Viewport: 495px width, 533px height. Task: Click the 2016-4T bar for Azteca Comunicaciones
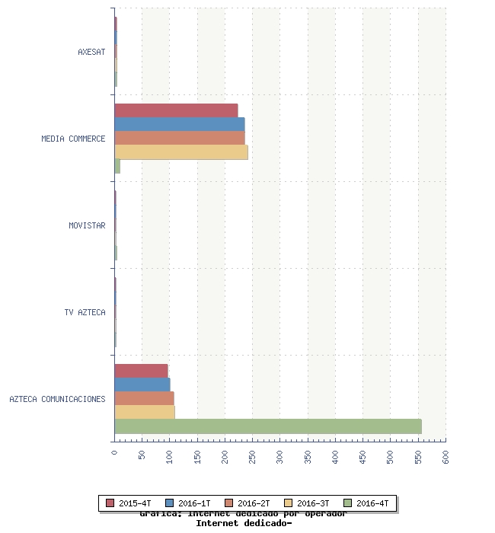pos(267,426)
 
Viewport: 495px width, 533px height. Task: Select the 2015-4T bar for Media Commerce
pos(176,110)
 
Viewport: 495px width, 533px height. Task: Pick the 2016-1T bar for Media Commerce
pos(179,124)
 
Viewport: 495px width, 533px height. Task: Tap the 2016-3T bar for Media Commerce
pos(180,152)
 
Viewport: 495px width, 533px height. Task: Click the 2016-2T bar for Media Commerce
pos(179,138)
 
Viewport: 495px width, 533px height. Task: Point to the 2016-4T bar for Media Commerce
pos(117,166)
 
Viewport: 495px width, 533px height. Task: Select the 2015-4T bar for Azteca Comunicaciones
pos(141,371)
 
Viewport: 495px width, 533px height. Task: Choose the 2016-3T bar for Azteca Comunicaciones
pos(145,412)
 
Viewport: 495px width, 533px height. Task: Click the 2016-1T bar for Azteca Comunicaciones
pos(142,385)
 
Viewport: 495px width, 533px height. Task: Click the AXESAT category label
pos(91,52)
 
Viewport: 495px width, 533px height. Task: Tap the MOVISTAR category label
pos(87,225)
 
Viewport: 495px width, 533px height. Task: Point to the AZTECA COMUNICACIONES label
pos(57,399)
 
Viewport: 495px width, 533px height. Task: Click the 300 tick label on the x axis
pos(280,455)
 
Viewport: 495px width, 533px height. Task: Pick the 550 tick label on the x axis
pos(418,455)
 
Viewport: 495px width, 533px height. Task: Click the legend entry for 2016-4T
pos(368,503)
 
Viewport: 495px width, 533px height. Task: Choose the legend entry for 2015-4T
pos(129,503)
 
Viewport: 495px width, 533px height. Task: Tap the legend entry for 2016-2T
pos(247,503)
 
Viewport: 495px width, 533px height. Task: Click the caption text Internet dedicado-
pos(244,524)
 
